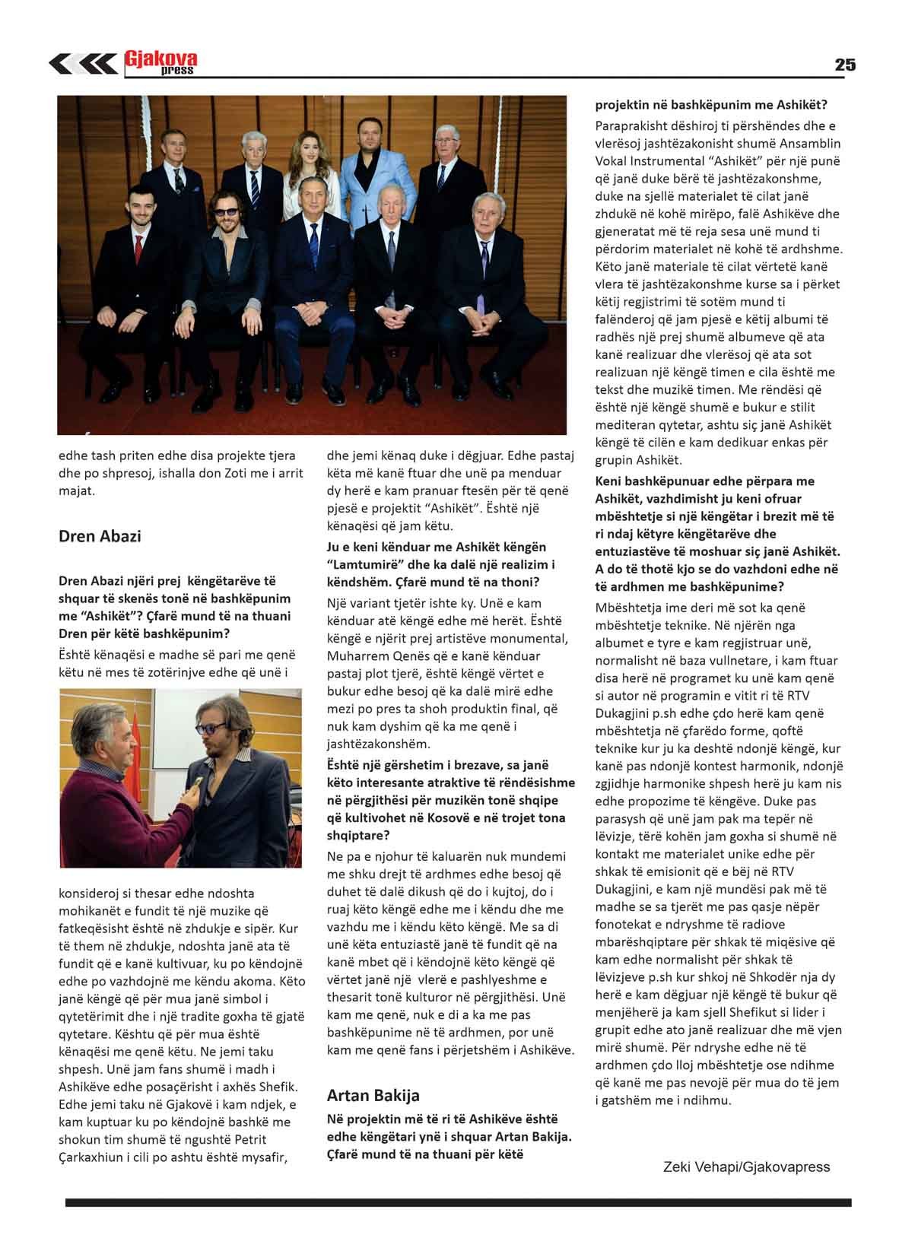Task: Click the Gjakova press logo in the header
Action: tap(160, 63)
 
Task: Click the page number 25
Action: tap(844, 65)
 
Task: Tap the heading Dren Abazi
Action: tap(100, 536)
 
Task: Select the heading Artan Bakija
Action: tap(373, 1095)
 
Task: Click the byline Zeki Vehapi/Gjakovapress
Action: tap(746, 1167)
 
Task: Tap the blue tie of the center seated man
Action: tap(313, 243)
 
